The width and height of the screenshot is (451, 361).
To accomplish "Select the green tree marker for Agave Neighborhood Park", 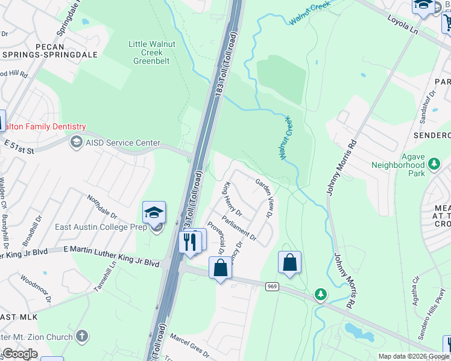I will tap(434, 163).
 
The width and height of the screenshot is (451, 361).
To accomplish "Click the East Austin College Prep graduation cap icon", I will tap(154, 212).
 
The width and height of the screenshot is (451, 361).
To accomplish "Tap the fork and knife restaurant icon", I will tap(189, 242).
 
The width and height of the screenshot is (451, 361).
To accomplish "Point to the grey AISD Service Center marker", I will tap(76, 142).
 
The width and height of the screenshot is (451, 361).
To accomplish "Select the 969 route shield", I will tap(271, 287).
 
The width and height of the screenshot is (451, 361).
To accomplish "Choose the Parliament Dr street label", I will tap(239, 228).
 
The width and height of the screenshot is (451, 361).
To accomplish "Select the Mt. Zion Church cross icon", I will tap(83, 336).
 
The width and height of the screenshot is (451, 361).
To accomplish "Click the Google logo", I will tap(20, 354).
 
